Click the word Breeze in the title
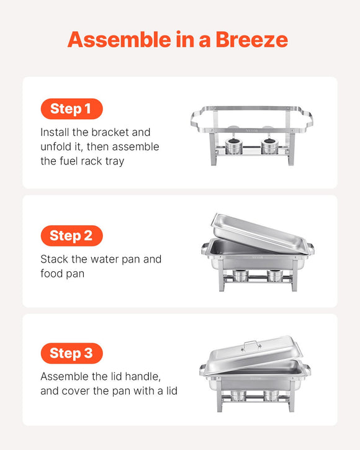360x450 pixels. pos(251,40)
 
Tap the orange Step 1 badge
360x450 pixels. pos(71,109)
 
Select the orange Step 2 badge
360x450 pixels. pos(71,235)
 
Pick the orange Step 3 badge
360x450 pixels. pos(71,353)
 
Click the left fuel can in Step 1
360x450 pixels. pos(235,146)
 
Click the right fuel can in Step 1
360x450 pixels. pos(269,146)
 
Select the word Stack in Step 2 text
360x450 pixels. pos(55,259)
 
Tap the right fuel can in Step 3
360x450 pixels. pos(271,395)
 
